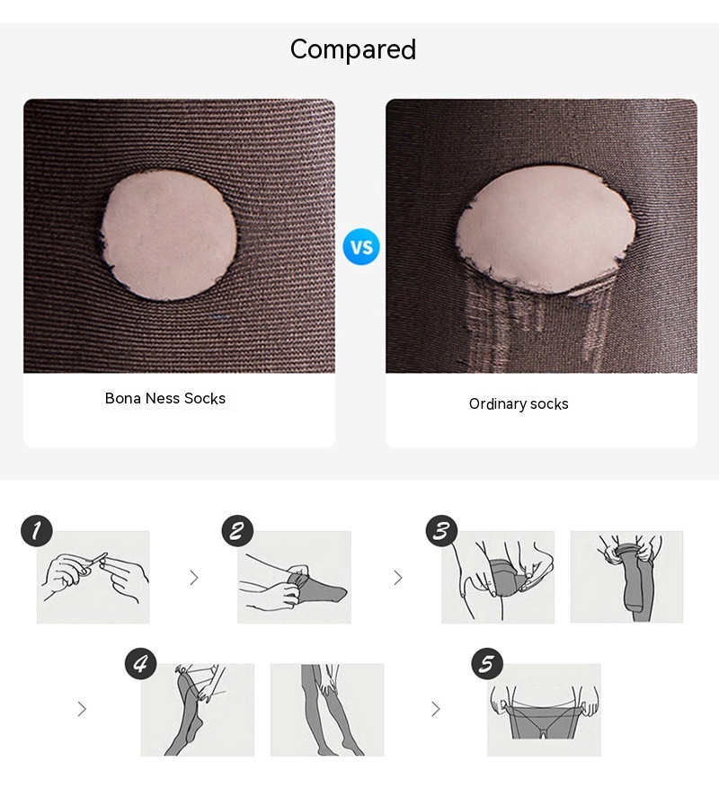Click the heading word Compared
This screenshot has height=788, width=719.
coord(353,49)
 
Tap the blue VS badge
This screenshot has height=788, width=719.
coord(361,247)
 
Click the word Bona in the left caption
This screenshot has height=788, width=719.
coord(123,399)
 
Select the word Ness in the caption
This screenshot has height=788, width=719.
coord(163,399)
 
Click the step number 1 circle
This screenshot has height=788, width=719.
coord(36,531)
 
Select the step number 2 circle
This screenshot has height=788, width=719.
coord(237,531)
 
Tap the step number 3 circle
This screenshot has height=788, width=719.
coord(441,531)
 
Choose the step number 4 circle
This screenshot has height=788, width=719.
coord(141,663)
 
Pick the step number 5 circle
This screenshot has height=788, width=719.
coord(487,663)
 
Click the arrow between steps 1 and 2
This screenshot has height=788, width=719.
coord(194,578)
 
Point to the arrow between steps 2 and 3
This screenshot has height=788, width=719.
coord(398,578)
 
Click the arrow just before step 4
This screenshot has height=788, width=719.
coord(82,709)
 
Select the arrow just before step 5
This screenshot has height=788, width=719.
coord(435,709)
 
